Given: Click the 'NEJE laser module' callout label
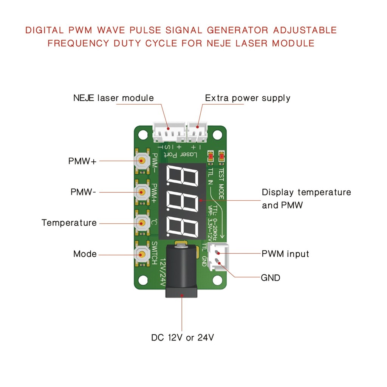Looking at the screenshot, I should click(x=113, y=98).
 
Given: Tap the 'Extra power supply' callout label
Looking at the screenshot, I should click(x=248, y=98).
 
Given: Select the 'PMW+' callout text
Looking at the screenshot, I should click(x=82, y=161).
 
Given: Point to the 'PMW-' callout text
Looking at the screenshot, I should click(x=83, y=192).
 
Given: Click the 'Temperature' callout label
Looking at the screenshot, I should click(x=69, y=223).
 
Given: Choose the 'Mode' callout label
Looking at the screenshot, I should click(x=85, y=254).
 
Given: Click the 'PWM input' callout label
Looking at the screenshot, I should click(x=285, y=254).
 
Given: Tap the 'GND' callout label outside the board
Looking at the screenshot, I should click(x=271, y=278).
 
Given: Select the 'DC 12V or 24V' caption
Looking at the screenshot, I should click(x=183, y=338).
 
